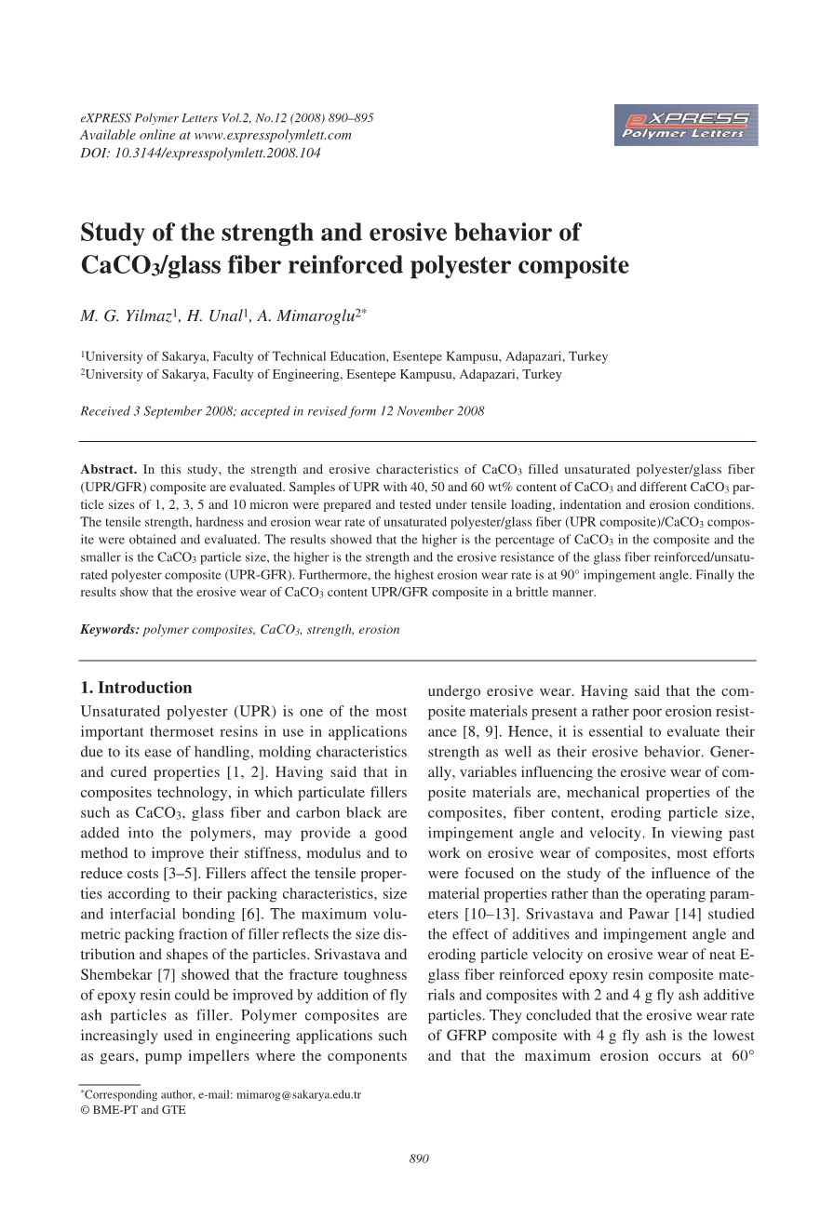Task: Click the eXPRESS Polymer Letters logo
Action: tap(686, 125)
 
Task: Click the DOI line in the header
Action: tap(200, 153)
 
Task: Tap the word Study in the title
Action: tap(109, 231)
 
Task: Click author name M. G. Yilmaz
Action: tap(125, 316)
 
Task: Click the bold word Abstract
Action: tap(109, 469)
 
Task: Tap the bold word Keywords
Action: tap(110, 629)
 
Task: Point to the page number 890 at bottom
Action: tap(418, 1158)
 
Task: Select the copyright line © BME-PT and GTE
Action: tap(133, 1109)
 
